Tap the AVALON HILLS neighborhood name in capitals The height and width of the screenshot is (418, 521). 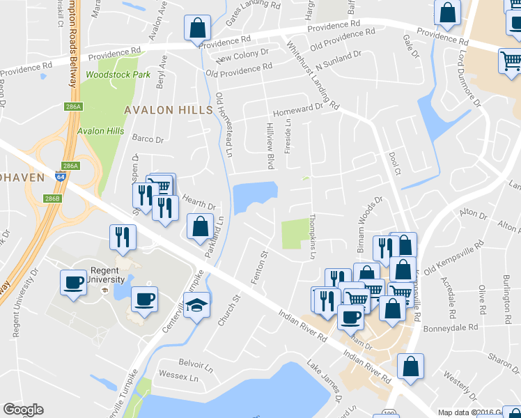pos(168,110)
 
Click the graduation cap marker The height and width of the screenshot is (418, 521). pos(196,307)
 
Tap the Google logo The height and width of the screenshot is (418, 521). pos(23,410)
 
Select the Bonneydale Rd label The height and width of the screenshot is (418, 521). pos(453,326)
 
